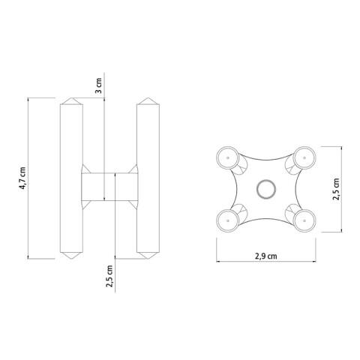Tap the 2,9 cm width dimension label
(264, 256)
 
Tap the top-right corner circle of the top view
(303, 157)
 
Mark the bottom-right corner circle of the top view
(303, 220)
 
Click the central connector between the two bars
(109, 186)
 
